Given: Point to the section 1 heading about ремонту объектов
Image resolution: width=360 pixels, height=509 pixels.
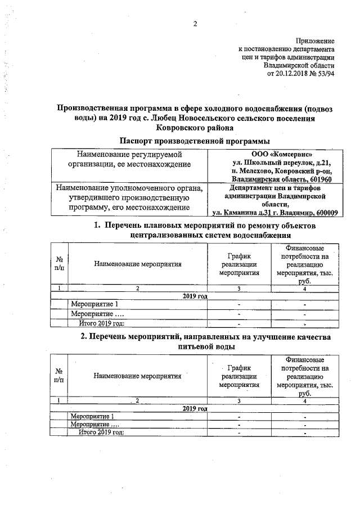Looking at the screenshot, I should point(205,230).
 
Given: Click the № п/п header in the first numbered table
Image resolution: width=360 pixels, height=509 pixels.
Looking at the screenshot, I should point(59,263).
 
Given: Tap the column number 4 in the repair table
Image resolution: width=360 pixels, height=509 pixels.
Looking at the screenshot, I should point(304,289).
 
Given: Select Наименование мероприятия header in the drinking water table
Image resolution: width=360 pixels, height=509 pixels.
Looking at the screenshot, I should point(137,376).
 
